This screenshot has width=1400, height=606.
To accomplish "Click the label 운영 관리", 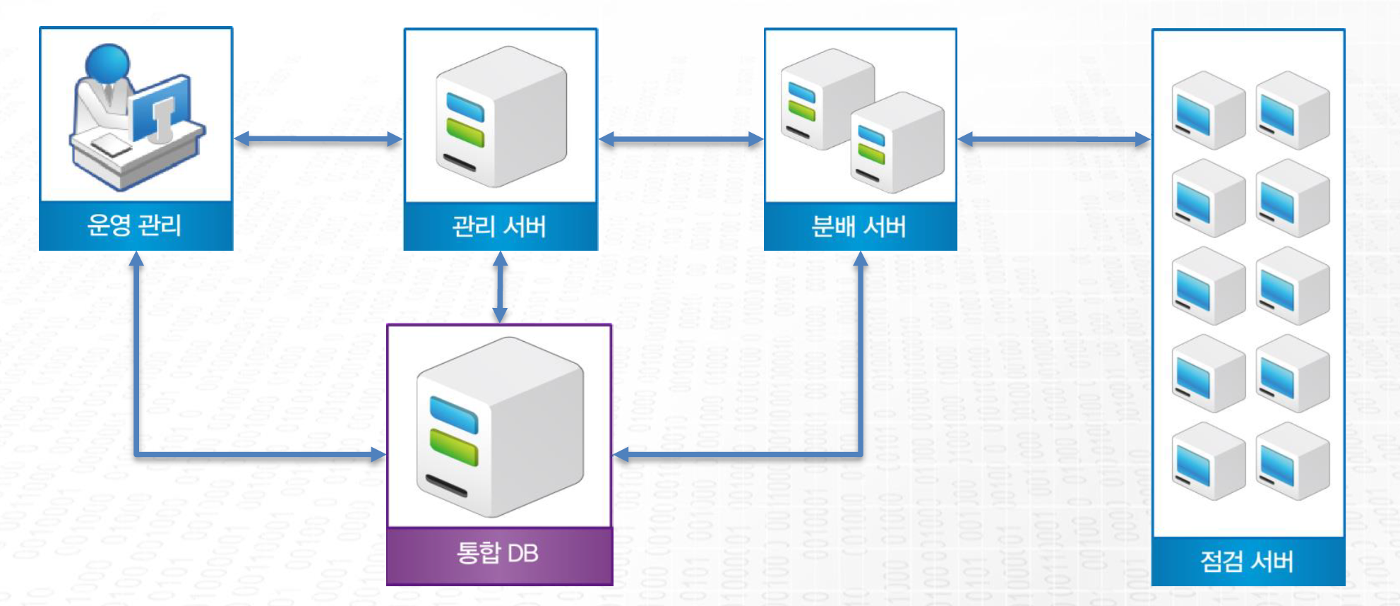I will click(135, 225).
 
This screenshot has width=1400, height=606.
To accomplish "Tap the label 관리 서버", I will click(499, 227).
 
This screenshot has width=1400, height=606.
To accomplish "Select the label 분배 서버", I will click(859, 227).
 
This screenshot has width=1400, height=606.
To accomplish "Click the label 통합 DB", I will click(498, 553).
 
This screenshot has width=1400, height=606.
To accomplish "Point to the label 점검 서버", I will click(1247, 562).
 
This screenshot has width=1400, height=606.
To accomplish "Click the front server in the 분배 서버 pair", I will click(897, 143).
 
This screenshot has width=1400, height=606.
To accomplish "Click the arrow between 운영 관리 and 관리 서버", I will click(318, 139).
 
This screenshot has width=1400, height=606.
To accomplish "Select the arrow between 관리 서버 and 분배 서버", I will click(681, 139).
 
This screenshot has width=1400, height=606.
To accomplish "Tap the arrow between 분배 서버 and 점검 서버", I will click(1053, 139).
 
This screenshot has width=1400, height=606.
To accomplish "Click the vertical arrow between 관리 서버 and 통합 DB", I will click(500, 287).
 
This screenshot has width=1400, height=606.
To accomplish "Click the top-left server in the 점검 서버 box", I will click(1207, 110).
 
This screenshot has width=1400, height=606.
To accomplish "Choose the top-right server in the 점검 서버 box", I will click(1292, 110).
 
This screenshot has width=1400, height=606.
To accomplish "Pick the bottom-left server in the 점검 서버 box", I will click(1207, 461).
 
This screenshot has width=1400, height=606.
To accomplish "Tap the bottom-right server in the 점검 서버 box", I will click(1292, 461).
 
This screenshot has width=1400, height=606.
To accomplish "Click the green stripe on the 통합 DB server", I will click(454, 446).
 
